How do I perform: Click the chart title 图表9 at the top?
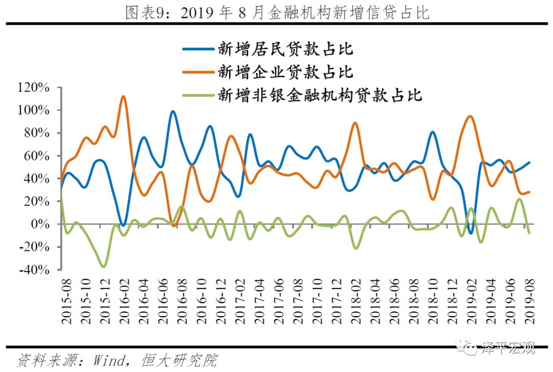click(x=277, y=11)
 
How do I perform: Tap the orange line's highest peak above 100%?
click(x=123, y=96)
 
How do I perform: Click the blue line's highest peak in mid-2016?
click(x=173, y=111)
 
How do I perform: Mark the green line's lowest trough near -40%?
click(x=104, y=266)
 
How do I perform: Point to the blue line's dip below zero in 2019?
click(x=471, y=234)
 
